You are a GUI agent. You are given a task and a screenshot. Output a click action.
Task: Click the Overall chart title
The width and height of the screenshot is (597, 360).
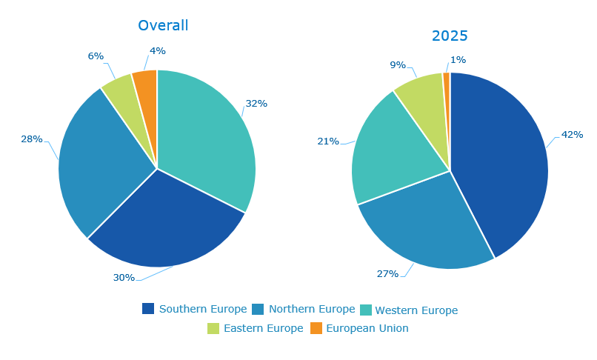click(163, 25)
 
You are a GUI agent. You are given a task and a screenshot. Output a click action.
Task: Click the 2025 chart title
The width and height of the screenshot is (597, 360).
click(450, 36)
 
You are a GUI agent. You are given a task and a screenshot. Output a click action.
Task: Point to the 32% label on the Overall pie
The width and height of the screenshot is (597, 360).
click(256, 104)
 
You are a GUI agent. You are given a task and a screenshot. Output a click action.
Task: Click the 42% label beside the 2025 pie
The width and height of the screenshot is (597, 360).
click(572, 135)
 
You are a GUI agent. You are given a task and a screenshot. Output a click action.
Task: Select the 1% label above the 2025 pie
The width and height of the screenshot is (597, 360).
click(458, 60)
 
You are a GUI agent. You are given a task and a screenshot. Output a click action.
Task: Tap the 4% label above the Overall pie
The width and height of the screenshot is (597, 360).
click(157, 51)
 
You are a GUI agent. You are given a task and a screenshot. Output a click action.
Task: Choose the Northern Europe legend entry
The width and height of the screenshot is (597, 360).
click(304, 309)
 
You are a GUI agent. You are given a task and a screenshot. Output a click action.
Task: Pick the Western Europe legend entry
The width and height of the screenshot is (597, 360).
click(409, 310)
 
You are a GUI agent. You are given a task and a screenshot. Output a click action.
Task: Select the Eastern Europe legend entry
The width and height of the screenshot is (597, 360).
click(256, 328)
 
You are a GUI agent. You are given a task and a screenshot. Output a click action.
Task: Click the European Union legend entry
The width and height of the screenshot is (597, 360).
click(359, 328)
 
